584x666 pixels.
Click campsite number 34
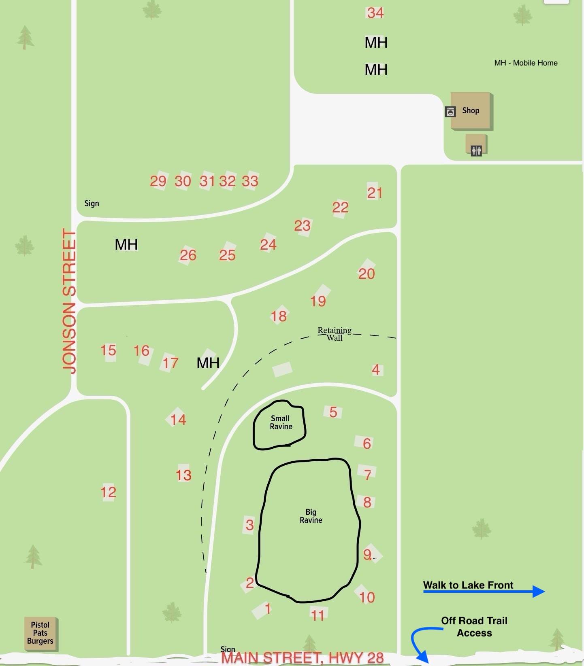pyautogui.click(x=375, y=13)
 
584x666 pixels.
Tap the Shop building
pyautogui.click(x=471, y=110)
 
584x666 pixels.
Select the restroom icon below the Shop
pyautogui.click(x=476, y=150)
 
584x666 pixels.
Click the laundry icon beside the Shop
pyautogui.click(x=450, y=112)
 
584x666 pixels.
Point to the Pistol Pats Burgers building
pyautogui.click(x=40, y=633)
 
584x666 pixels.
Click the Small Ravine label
pyautogui.click(x=281, y=422)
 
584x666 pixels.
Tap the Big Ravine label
pyautogui.click(x=311, y=516)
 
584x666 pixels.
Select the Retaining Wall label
pyautogui.click(x=335, y=334)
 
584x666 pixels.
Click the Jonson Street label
pyautogui.click(x=69, y=301)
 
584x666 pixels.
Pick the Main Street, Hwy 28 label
pyautogui.click(x=303, y=658)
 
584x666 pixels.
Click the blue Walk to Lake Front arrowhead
pyautogui.click(x=538, y=592)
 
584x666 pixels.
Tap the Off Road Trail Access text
pyautogui.click(x=474, y=627)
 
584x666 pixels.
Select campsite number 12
pyautogui.click(x=108, y=492)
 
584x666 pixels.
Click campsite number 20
pyautogui.click(x=367, y=274)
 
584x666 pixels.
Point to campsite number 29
pyautogui.click(x=158, y=181)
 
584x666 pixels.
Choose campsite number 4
pyautogui.click(x=376, y=369)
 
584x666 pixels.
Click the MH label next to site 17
pyautogui.click(x=208, y=363)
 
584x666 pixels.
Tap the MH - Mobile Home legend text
pyautogui.click(x=526, y=63)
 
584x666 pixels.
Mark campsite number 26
pyautogui.click(x=188, y=255)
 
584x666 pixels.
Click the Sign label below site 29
pyautogui.click(x=92, y=203)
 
